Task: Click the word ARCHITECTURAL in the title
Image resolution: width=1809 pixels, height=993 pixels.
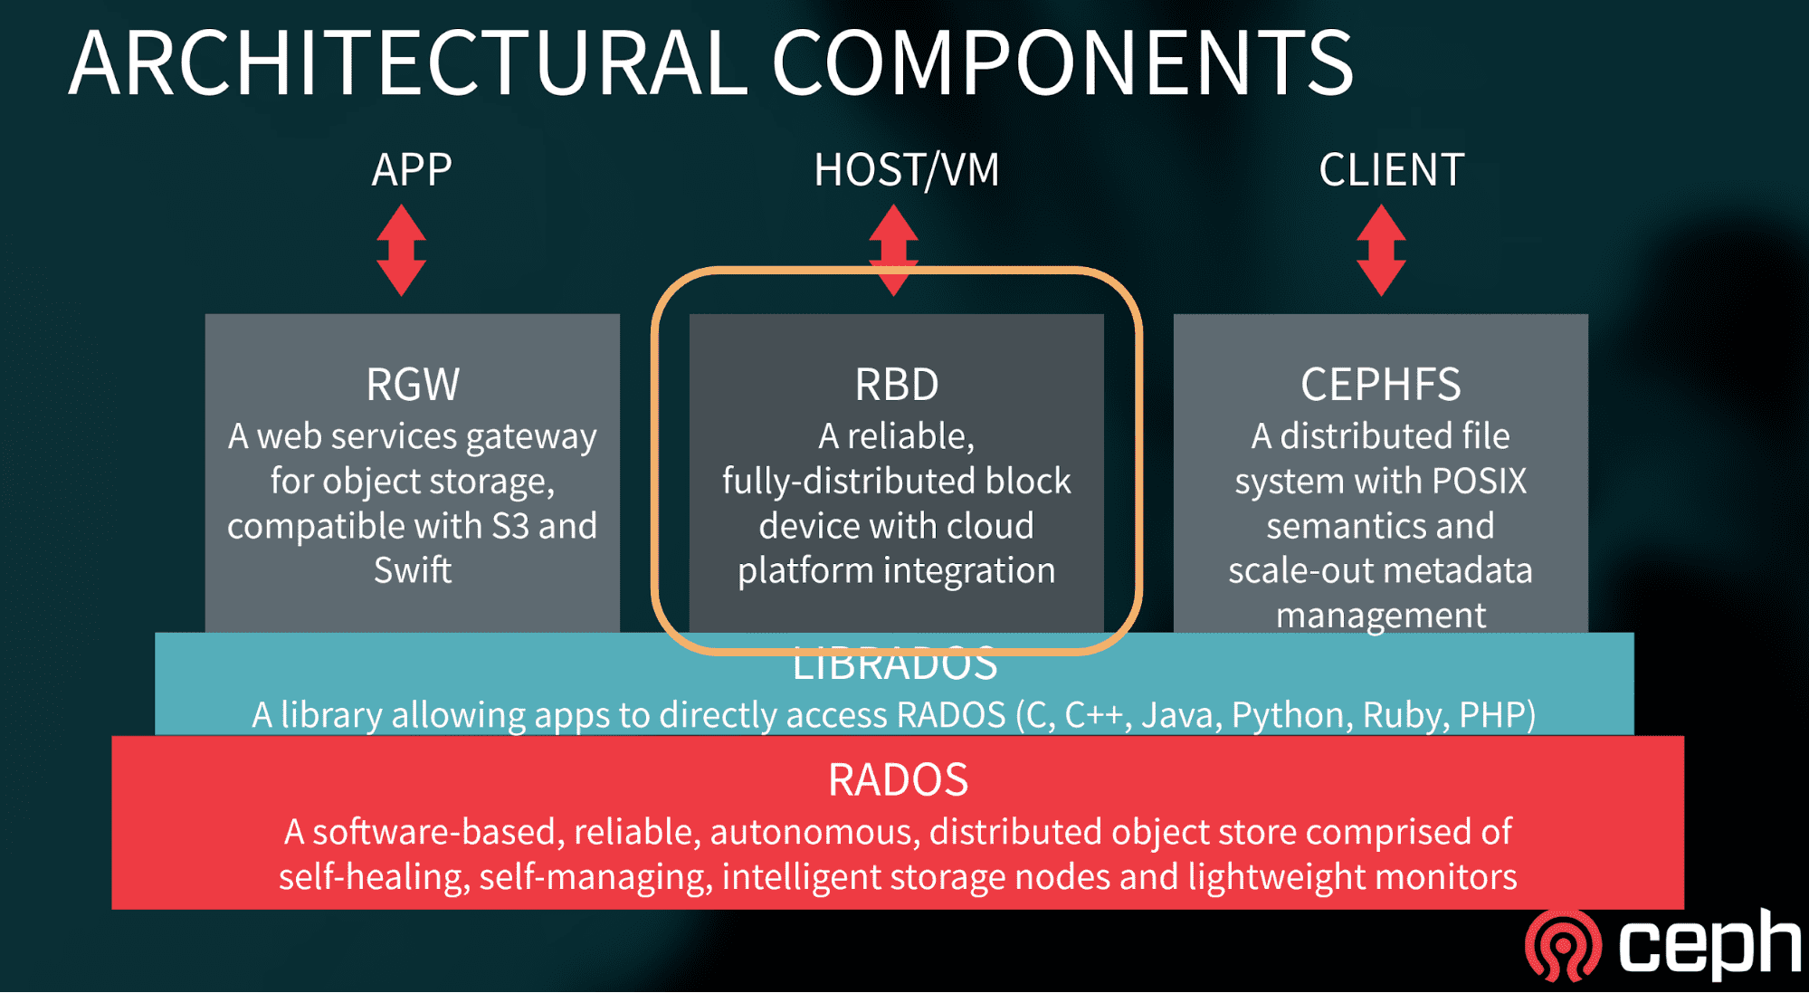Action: [407, 63]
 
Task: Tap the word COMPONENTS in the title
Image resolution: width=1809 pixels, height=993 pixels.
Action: [1062, 63]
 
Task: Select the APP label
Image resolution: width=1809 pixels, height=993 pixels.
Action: [412, 170]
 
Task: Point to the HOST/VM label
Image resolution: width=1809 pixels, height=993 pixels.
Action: [907, 170]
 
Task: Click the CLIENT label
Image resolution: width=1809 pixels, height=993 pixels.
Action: [1391, 170]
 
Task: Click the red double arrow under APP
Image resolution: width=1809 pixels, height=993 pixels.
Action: [402, 251]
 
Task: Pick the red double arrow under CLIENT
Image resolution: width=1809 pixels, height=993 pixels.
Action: [1381, 251]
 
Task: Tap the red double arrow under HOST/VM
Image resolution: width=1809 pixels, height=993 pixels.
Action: [894, 244]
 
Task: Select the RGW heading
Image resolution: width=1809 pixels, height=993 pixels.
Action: [413, 385]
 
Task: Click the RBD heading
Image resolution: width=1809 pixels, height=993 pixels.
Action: [897, 385]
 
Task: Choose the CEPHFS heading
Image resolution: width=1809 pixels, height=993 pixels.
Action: [1381, 385]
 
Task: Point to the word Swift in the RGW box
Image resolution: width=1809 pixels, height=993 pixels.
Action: [413, 571]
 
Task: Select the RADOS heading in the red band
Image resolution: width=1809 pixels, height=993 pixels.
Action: [898, 780]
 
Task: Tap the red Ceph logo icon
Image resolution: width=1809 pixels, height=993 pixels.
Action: [1563, 946]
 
